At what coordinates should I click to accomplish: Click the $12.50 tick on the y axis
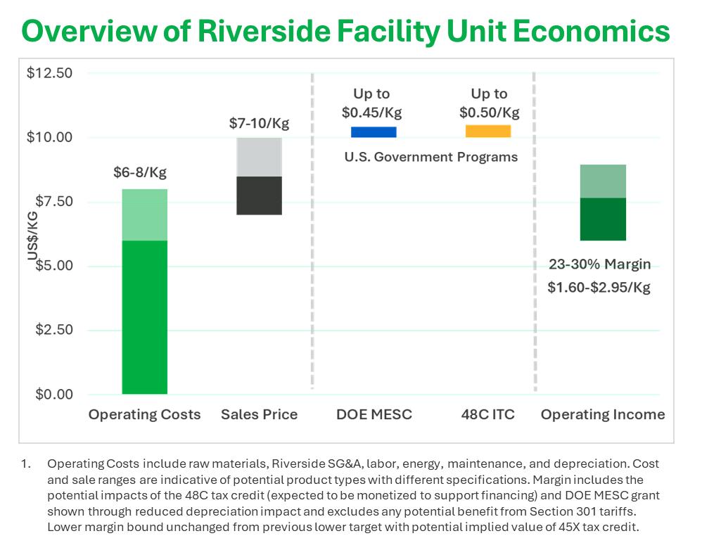click(49, 73)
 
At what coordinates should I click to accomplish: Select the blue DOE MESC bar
click(374, 132)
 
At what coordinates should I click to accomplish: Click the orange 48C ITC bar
click(488, 131)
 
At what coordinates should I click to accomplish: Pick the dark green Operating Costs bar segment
click(144, 317)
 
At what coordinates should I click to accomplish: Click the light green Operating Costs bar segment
click(144, 215)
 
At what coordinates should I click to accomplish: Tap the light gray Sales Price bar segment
click(259, 157)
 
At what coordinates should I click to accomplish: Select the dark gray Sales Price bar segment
click(259, 196)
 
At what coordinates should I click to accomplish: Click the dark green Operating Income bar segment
click(603, 219)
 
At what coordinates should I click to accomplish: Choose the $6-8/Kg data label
click(140, 173)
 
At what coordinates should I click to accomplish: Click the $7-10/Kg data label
click(259, 123)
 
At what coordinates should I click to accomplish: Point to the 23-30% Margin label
click(599, 265)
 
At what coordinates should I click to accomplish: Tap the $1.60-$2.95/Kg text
click(599, 288)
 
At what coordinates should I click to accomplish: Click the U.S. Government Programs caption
click(430, 157)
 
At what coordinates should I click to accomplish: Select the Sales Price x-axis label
click(259, 414)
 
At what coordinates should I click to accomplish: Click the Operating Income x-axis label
click(602, 414)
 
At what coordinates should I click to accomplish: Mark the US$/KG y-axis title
click(32, 236)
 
